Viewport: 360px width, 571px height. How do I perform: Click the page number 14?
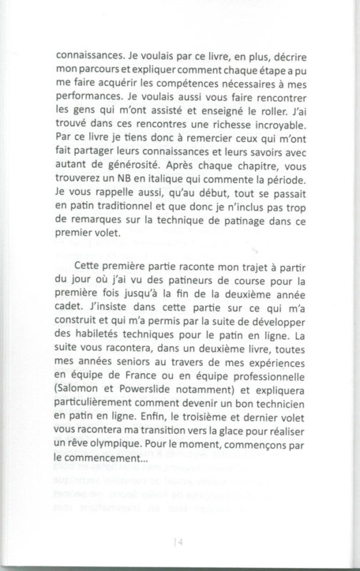[x=179, y=542]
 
